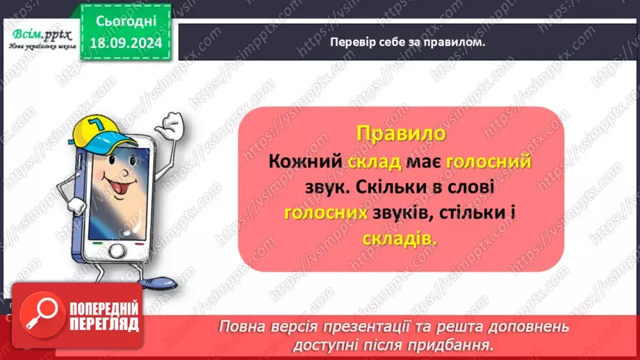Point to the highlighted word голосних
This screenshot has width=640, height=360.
pos(325,214)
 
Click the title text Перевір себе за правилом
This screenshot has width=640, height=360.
pos(407,42)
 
